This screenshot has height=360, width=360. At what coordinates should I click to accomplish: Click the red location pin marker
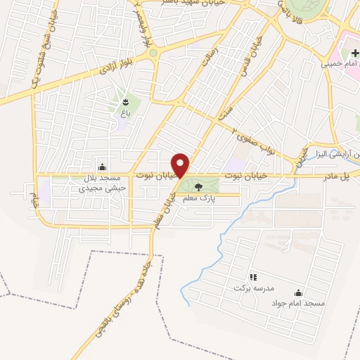181,165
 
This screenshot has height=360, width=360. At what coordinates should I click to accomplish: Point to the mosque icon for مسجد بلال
103,167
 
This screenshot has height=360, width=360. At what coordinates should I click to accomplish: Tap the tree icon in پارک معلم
198,187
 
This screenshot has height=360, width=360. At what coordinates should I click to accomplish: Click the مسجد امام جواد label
300,303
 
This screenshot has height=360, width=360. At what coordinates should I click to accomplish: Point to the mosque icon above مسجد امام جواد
300,292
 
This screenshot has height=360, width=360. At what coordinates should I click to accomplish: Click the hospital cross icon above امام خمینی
354,52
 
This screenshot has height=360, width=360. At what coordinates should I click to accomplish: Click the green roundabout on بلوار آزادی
153,53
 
